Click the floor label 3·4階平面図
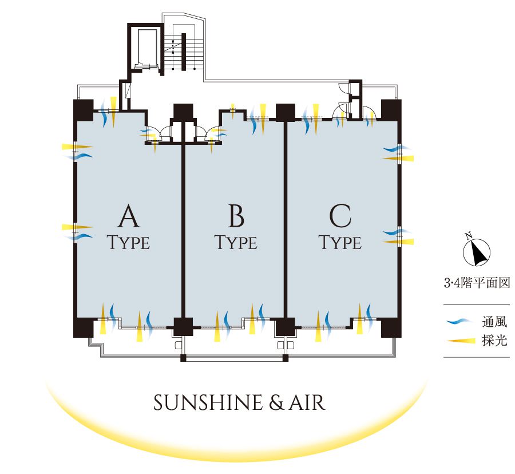[476, 283]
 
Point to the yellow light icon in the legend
[461, 341]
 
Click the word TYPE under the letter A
[129, 243]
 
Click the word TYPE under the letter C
[340, 243]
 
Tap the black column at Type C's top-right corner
[392, 109]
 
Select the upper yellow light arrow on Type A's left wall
[76, 147]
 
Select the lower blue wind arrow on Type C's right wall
[395, 232]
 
